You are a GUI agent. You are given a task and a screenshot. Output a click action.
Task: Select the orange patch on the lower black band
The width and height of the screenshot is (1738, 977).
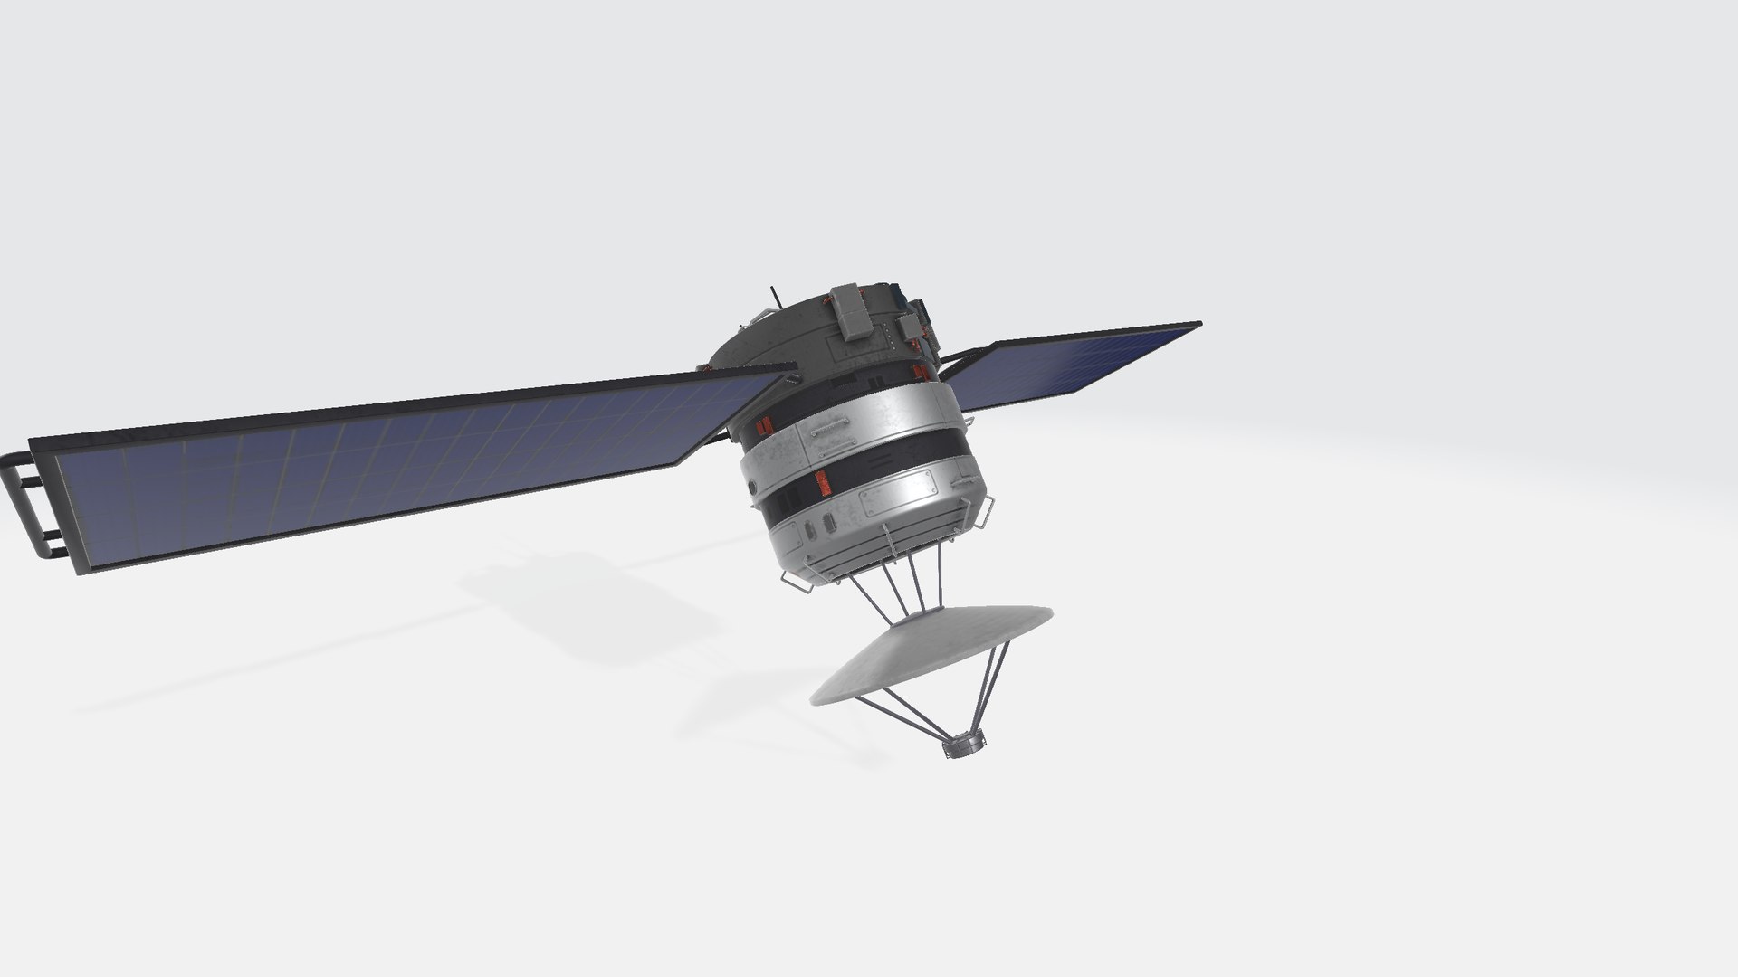pos(824,485)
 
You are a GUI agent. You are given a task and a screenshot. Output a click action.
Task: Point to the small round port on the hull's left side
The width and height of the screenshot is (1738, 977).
pos(752,488)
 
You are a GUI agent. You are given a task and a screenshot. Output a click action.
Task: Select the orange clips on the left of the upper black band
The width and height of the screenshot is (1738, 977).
pos(763,424)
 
